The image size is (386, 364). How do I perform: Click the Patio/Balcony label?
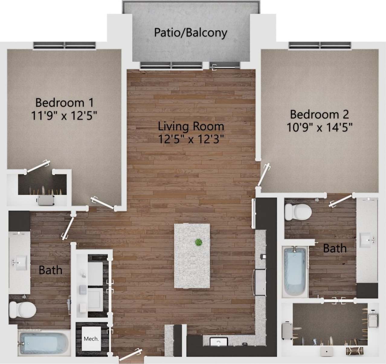pos(191,33)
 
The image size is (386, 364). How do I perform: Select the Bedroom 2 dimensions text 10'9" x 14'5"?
pos(320,127)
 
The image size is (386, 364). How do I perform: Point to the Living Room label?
pos(191,126)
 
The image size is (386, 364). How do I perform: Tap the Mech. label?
pos(91,339)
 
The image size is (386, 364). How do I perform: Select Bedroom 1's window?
pos(64,45)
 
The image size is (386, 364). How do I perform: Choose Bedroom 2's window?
pos(320,45)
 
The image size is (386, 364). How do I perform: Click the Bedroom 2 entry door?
pos(263,175)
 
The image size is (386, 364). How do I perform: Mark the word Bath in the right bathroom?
pos(335,248)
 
